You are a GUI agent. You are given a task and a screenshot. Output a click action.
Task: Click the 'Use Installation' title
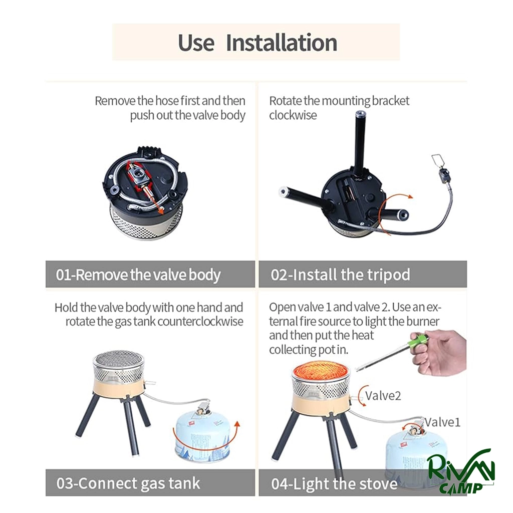[x=257, y=43]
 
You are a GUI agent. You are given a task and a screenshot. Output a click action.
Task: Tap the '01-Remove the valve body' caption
[x=138, y=275]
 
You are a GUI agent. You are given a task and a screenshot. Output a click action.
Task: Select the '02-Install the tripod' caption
[x=340, y=275]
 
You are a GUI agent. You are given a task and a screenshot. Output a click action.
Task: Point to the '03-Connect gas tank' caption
[x=128, y=483]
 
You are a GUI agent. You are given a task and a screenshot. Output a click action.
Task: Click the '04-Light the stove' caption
[x=334, y=484]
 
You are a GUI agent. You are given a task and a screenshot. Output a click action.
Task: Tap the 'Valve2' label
[x=383, y=396]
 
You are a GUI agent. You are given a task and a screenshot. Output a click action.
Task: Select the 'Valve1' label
[x=442, y=422]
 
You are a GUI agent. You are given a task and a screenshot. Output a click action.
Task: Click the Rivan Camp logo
[x=460, y=471]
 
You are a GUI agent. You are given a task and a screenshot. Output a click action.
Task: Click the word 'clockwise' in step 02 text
[x=293, y=115]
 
